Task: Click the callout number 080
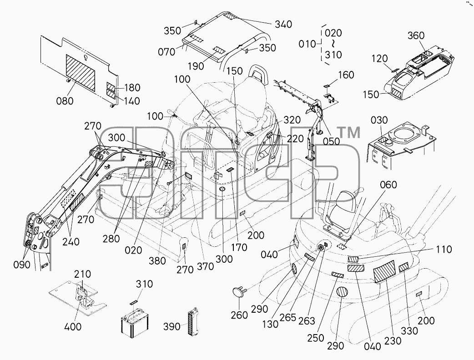click(x=65, y=100)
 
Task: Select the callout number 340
click(x=283, y=24)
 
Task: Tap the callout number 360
click(x=416, y=35)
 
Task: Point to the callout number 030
click(x=379, y=120)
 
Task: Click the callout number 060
click(x=388, y=185)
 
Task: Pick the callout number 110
click(x=444, y=250)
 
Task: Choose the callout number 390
click(x=171, y=326)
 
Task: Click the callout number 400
click(x=73, y=326)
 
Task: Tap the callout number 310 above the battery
click(x=144, y=284)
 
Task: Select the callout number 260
click(x=239, y=315)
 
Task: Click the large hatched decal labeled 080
click(x=81, y=73)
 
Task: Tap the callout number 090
click(x=22, y=265)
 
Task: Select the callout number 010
click(x=307, y=44)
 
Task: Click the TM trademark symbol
click(x=348, y=133)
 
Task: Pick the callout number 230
click(x=393, y=341)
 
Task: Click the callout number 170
click(x=239, y=247)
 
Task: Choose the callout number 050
click(x=331, y=141)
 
